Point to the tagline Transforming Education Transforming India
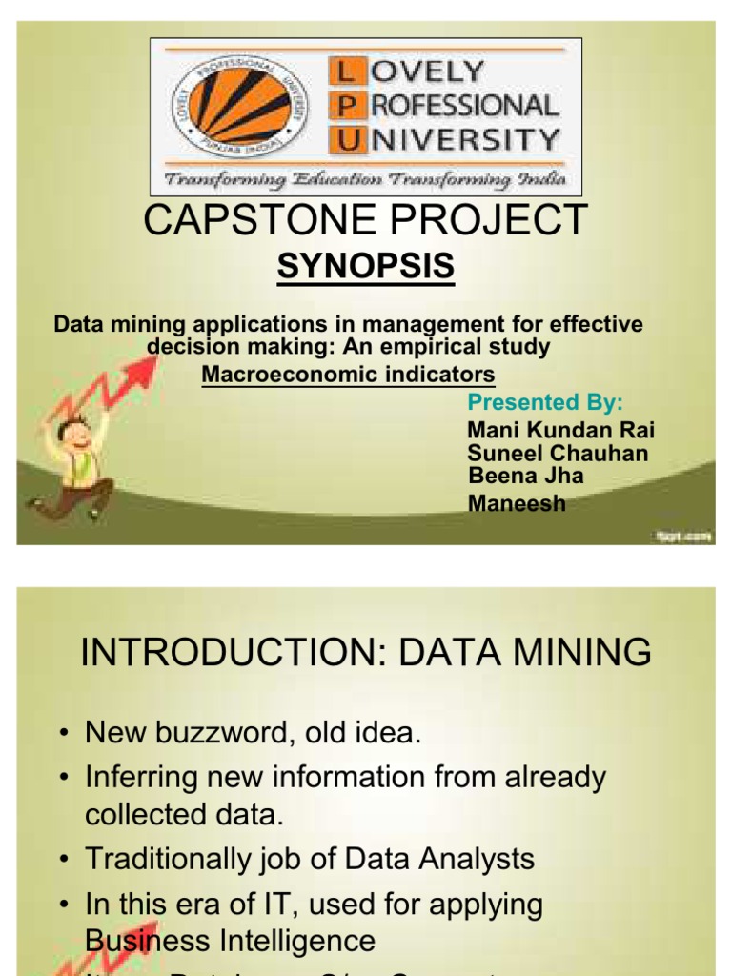366,179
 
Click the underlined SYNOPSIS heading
366,268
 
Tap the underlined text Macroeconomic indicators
348,374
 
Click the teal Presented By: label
545,401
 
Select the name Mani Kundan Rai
560,430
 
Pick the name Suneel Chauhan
558,453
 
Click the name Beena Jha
526,476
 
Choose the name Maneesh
517,503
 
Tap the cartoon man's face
76,436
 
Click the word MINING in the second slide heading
581,654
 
